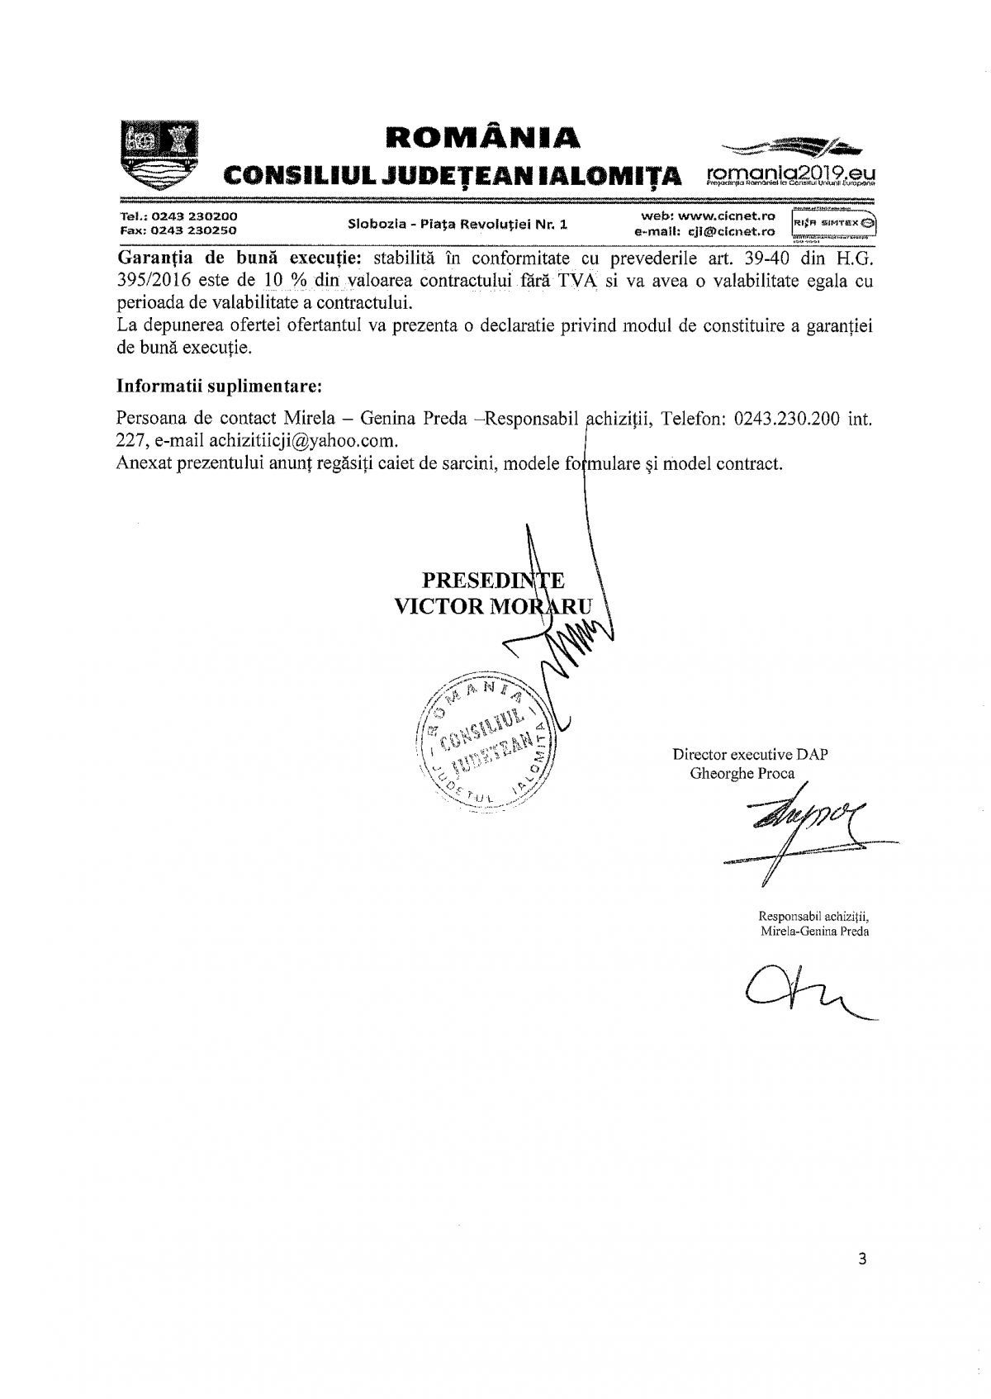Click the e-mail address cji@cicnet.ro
pos(731,232)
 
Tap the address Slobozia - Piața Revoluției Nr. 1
pos(458,224)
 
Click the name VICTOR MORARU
pos(493,607)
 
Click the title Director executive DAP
pos(750,754)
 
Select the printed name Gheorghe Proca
pos(742,774)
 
